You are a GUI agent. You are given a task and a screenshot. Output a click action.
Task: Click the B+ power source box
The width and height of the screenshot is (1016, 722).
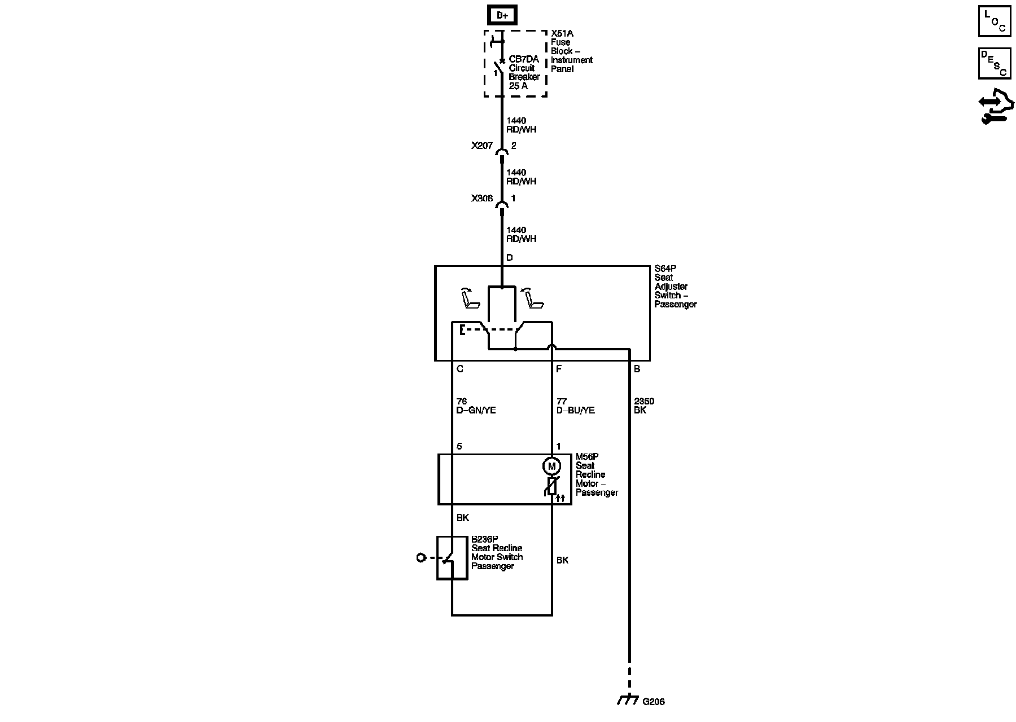click(x=502, y=15)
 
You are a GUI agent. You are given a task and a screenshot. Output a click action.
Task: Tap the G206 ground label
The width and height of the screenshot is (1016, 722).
click(x=654, y=702)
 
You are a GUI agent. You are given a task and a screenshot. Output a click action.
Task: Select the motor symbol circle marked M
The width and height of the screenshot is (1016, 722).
click(x=551, y=466)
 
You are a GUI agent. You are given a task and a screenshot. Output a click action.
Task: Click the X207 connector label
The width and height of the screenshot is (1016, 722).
click(x=482, y=146)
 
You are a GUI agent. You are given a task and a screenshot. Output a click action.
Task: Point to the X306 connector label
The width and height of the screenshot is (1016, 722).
click(x=482, y=199)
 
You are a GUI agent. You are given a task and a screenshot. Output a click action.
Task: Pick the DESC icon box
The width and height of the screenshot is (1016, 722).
click(x=995, y=63)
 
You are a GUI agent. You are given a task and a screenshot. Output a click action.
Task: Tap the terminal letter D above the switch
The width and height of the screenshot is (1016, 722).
click(x=509, y=258)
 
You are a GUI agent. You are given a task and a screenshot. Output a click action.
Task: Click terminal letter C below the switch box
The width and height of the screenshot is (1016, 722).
click(x=459, y=369)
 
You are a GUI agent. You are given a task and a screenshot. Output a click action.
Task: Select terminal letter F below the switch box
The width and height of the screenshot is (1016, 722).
click(x=559, y=369)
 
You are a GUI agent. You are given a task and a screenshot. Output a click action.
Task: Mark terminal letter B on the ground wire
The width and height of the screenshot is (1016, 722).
click(x=637, y=369)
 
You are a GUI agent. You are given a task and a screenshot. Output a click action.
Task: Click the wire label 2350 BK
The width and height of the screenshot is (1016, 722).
click(x=643, y=406)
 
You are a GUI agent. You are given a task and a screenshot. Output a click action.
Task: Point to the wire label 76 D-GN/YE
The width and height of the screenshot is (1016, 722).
click(x=476, y=406)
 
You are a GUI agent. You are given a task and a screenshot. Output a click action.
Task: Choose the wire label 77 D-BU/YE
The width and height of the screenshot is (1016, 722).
click(x=575, y=406)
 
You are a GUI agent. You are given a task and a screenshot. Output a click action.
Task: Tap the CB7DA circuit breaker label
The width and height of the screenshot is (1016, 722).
click(x=524, y=72)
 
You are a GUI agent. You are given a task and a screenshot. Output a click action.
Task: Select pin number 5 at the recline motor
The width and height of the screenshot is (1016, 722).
click(x=459, y=446)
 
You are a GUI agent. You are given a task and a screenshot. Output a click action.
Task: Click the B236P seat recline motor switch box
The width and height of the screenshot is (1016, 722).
click(x=452, y=558)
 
